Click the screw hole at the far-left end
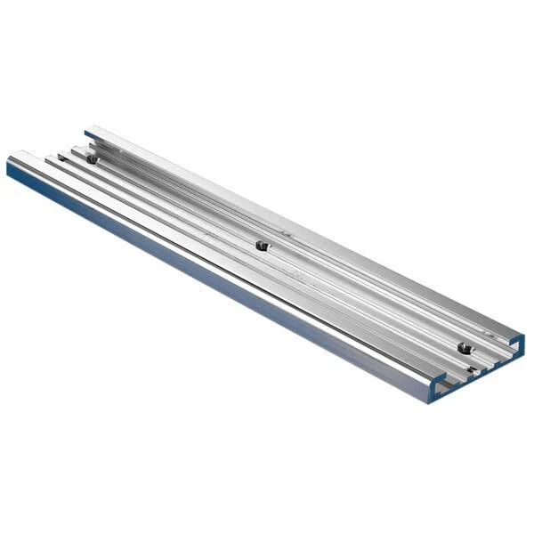pos(91,159)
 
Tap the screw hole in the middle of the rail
pos(260,245)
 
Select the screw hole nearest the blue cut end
pos(462,346)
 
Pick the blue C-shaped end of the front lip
pos(438,387)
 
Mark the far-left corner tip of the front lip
pos(8,161)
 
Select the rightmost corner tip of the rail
pos(524,336)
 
